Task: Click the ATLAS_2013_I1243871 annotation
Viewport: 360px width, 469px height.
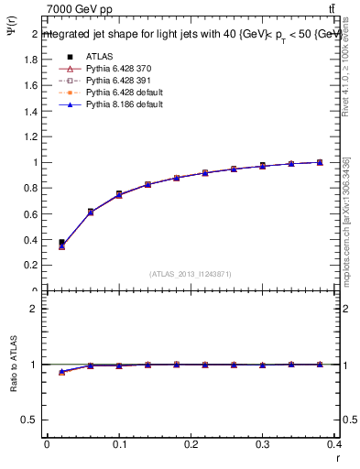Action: pyautogui.click(x=191, y=274)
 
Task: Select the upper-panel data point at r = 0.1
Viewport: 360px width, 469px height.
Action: pyautogui.click(x=119, y=194)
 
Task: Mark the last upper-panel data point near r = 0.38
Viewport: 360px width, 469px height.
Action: pyautogui.click(x=320, y=162)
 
